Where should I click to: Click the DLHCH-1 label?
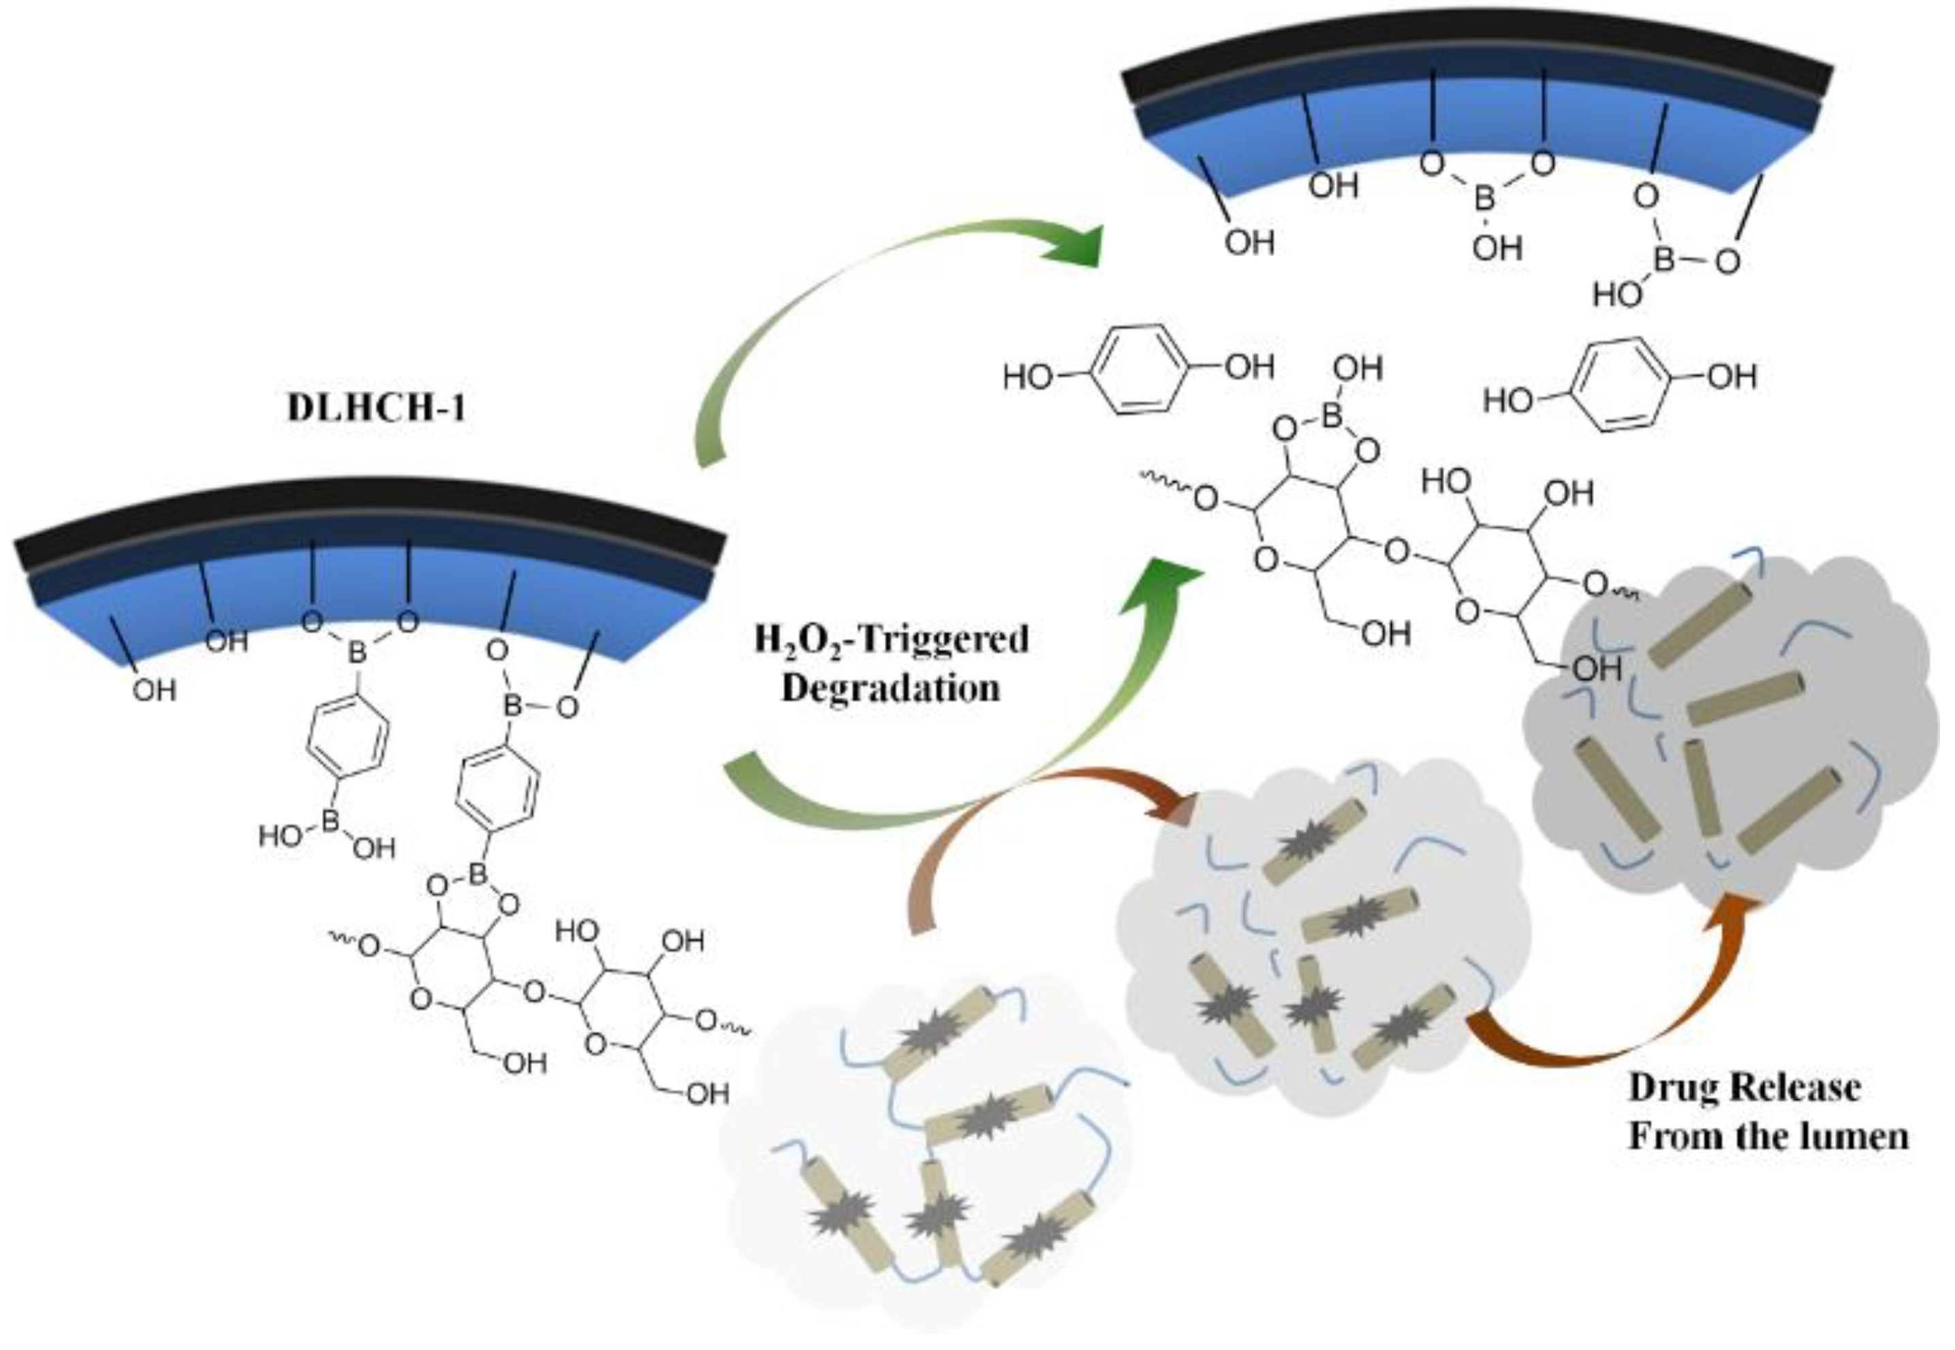coord(377,409)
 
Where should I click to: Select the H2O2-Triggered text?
coord(892,640)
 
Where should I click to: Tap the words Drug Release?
coord(1745,1087)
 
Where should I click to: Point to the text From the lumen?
coord(1768,1136)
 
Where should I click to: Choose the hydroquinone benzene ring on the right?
coord(1619,385)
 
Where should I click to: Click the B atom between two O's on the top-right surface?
coord(1486,200)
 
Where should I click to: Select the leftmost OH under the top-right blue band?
coord(1249,242)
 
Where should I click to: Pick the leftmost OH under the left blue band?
coord(154,691)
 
